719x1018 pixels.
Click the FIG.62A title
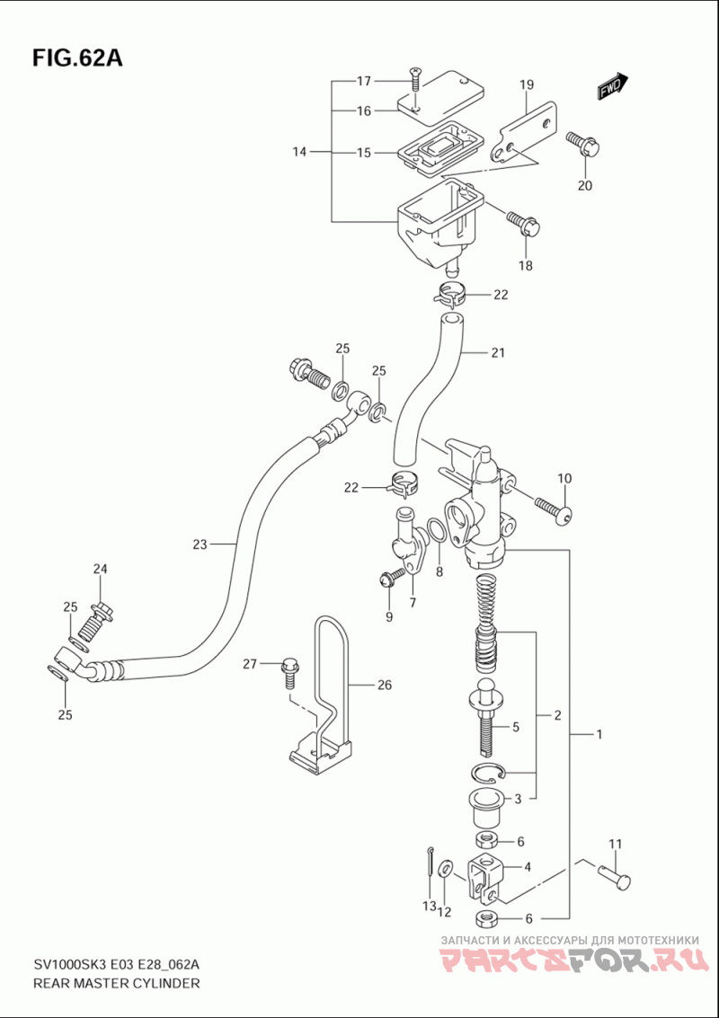click(x=77, y=58)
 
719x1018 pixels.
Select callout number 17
click(x=363, y=81)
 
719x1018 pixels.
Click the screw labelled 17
click(x=414, y=82)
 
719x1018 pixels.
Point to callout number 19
click(x=526, y=84)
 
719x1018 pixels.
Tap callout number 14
click(x=298, y=153)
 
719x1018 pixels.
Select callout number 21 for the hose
click(x=498, y=353)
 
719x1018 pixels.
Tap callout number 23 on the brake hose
click(x=200, y=544)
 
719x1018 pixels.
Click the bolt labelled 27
click(x=288, y=673)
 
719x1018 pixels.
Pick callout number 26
click(x=386, y=685)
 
